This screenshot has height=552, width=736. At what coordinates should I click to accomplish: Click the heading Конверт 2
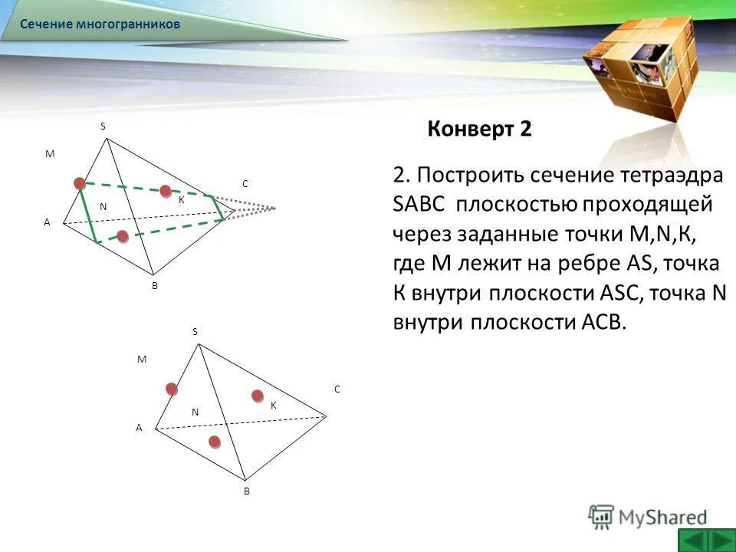(479, 129)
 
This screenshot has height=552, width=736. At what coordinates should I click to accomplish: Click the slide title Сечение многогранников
(100, 25)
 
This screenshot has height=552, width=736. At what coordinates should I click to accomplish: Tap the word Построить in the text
(472, 176)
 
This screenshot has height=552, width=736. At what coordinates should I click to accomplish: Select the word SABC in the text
(419, 205)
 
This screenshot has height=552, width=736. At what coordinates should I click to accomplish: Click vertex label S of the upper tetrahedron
(103, 126)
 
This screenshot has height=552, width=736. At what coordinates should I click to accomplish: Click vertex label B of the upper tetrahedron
(154, 285)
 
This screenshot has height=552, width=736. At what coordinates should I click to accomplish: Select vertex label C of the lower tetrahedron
(336, 389)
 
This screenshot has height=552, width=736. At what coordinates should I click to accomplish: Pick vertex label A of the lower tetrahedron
(139, 429)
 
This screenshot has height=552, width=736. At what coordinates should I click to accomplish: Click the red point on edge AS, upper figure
(80, 182)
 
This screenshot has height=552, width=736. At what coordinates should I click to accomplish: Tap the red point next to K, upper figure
(165, 191)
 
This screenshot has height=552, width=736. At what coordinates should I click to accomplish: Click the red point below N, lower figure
(215, 441)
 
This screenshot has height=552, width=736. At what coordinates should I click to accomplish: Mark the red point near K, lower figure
(258, 396)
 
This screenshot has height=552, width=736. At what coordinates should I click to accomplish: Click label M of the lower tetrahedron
(141, 359)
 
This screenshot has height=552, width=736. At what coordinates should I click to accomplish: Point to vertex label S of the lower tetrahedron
(195, 331)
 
